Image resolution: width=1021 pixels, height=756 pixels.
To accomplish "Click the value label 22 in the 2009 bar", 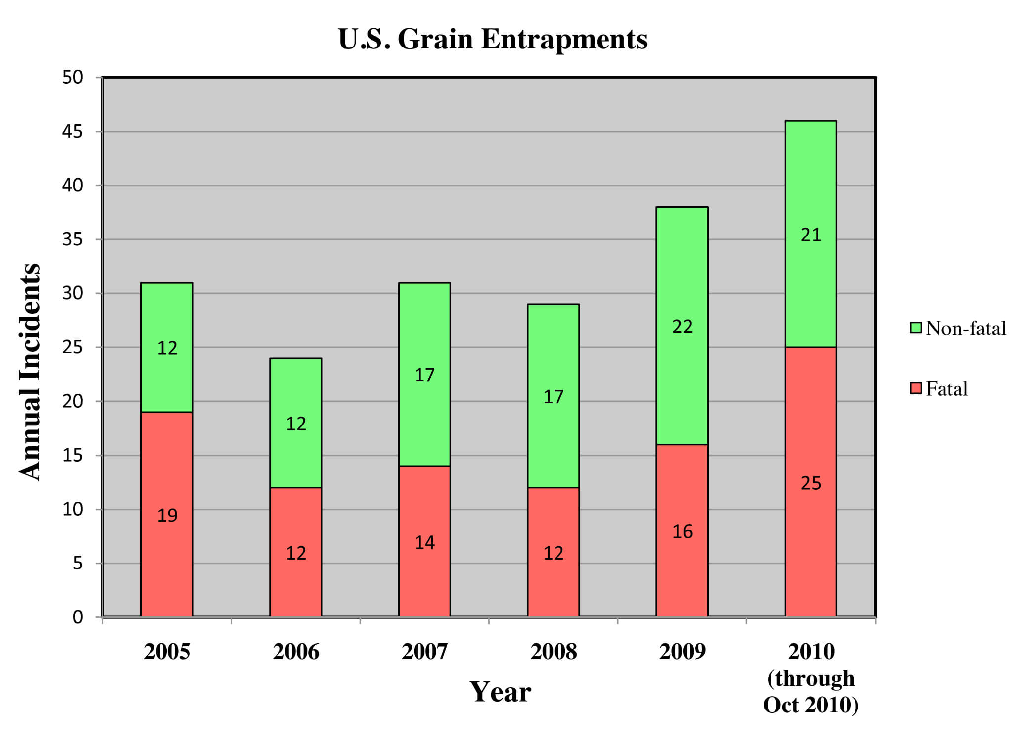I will click(x=682, y=327).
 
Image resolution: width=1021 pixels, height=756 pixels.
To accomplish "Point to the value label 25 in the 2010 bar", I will click(x=811, y=483).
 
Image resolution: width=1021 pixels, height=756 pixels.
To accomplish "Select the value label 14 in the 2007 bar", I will click(x=424, y=543).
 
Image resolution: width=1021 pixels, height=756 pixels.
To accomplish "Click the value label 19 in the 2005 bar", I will click(x=167, y=516).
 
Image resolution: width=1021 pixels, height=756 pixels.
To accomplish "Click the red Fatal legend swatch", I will click(x=916, y=388).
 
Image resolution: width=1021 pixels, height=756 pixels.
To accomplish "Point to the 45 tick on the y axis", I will click(x=72, y=132).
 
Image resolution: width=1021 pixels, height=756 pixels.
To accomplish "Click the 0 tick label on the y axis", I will click(x=78, y=617).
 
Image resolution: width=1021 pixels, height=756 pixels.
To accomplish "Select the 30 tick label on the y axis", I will click(x=72, y=293).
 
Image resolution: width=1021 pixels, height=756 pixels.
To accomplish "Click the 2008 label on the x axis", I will click(x=554, y=652).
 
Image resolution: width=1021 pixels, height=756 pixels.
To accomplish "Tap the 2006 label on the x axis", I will click(x=296, y=652).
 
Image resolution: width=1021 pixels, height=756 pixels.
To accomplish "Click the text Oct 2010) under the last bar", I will click(x=811, y=705).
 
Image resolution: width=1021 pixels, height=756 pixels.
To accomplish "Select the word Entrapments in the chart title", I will click(x=564, y=39).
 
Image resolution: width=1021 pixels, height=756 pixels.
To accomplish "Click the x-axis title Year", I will click(x=500, y=692).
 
